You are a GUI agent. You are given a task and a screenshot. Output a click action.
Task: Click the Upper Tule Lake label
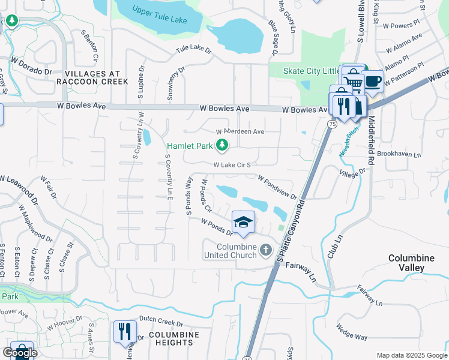click(160, 16)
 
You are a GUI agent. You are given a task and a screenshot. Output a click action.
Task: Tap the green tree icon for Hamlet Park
click(222, 144)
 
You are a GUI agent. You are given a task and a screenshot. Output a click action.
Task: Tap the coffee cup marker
click(373, 80)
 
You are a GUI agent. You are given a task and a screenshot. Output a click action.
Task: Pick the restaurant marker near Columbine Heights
click(125, 331)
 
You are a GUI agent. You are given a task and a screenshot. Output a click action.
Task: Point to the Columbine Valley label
click(411, 263)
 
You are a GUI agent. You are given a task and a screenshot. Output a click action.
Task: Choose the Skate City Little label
click(312, 71)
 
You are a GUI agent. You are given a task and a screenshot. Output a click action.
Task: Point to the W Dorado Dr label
click(31, 65)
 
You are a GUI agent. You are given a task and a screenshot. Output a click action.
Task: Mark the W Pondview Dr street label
click(277, 187)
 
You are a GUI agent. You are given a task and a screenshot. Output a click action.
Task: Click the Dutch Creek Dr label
click(160, 319)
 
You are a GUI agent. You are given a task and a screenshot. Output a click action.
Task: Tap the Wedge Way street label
click(352, 332)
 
